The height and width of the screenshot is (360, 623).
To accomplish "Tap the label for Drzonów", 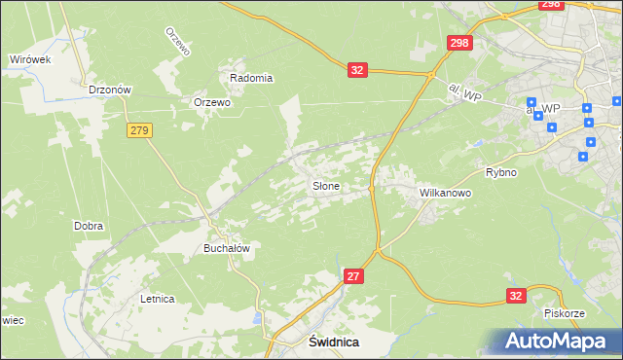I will pyautogui.click(x=109, y=89).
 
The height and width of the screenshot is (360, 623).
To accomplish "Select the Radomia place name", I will pyautogui.click(x=250, y=78).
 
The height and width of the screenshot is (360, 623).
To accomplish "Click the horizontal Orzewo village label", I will pyautogui.click(x=212, y=102).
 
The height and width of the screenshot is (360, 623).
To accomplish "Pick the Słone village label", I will pyautogui.click(x=325, y=185).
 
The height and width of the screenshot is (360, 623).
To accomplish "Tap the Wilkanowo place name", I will pyautogui.click(x=445, y=194).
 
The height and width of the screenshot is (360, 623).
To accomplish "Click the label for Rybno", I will pyautogui.click(x=501, y=172).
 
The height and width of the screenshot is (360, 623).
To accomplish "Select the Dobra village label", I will pyautogui.click(x=89, y=226).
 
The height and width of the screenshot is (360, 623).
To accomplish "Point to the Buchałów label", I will pyautogui.click(x=227, y=248).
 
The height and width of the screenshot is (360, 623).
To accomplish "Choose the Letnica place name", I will pyautogui.click(x=157, y=299).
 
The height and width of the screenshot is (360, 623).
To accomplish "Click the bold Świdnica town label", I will pyautogui.click(x=334, y=342).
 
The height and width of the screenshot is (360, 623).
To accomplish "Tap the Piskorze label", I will pyautogui.click(x=564, y=313).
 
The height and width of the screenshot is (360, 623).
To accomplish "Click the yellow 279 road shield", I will pyautogui.click(x=139, y=129).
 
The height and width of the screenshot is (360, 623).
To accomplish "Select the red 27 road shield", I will pyautogui.click(x=353, y=277).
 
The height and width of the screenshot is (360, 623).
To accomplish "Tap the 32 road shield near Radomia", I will pyautogui.click(x=358, y=69).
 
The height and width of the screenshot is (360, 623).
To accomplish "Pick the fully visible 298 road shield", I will pyautogui.click(x=459, y=43).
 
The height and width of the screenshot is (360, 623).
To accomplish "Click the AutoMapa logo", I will pyautogui.click(x=557, y=342).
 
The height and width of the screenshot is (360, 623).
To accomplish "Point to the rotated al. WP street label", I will pyautogui.click(x=465, y=91).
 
